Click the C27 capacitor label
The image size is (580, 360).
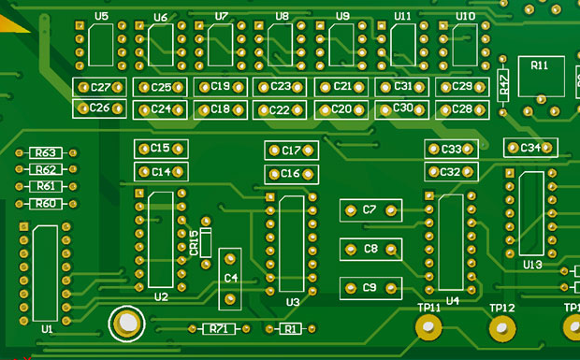(100, 87)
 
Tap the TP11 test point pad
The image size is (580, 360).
(429, 326)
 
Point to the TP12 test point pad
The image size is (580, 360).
(502, 327)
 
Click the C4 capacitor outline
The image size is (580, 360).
(230, 279)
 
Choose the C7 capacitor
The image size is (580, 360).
(370, 210)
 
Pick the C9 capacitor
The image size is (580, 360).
(370, 288)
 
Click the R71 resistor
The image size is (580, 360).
(220, 328)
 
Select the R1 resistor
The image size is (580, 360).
(290, 328)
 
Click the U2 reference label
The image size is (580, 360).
(161, 297)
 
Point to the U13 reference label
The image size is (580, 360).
(532, 265)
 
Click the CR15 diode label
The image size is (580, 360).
(194, 242)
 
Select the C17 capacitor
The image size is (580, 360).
(291, 151)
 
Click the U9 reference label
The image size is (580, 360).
(341, 17)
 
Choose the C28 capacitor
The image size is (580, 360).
(461, 109)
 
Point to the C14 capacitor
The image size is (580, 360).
(161, 172)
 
